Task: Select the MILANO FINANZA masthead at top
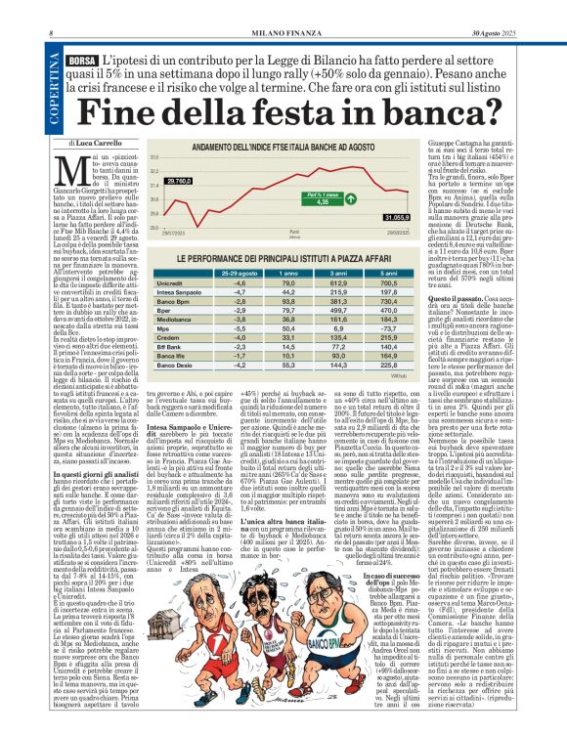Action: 283,9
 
